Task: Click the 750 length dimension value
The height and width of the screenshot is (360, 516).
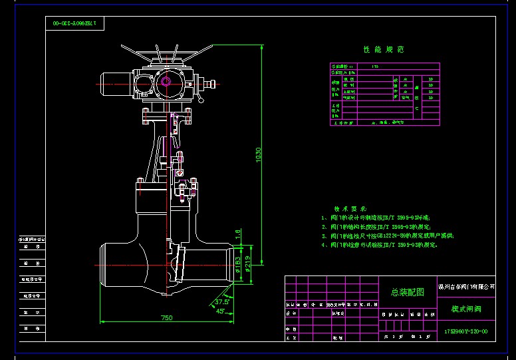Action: [166, 317]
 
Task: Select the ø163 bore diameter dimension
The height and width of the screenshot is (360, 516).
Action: [237, 267]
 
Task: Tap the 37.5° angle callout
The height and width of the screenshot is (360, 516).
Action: [221, 301]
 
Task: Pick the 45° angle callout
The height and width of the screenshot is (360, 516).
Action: [220, 310]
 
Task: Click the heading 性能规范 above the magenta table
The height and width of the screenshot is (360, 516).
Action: [383, 50]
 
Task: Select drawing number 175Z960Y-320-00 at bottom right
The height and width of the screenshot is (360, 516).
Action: [465, 331]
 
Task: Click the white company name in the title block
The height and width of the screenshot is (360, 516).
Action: [467, 285]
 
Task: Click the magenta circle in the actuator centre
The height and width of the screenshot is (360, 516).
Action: [166, 82]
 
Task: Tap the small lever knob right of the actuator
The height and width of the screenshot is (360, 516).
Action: [212, 85]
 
